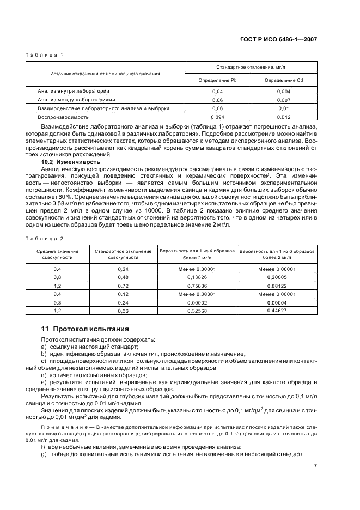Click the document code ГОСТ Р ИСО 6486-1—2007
(282, 40)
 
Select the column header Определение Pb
(217, 80)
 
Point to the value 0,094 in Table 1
(217, 117)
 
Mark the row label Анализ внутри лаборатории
(74, 91)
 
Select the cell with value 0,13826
(197, 277)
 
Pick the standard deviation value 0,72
(123, 285)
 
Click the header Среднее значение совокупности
(57, 254)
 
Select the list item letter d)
(44, 375)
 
